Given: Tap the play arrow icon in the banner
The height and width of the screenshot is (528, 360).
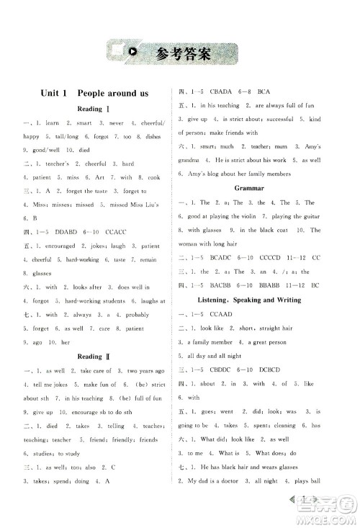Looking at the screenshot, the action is [133, 51].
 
